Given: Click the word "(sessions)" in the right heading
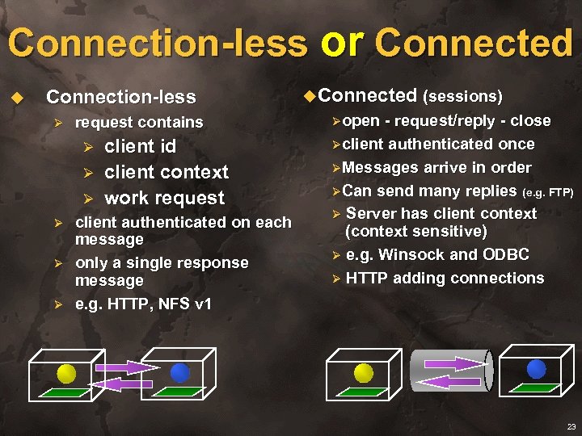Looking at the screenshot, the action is (463, 97).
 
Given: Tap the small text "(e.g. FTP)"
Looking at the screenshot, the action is (549, 192).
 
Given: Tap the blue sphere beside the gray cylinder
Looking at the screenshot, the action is (536, 369).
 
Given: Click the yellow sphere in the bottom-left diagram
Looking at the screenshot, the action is (66, 372).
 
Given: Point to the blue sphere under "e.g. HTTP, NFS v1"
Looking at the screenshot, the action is (179, 372).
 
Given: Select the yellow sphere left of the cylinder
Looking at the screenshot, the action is (364, 372).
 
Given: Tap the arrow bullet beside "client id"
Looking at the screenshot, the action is (90, 148).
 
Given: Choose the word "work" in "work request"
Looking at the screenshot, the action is (127, 198).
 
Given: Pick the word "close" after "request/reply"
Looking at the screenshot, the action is (530, 121).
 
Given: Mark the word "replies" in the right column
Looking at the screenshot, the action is (490, 191).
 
